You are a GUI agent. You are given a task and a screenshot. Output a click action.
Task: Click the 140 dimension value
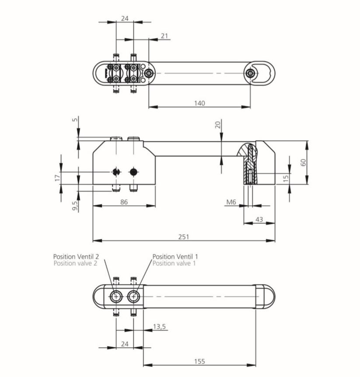(x=199, y=103)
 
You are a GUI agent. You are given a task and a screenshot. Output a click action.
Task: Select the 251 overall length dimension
(x=184, y=237)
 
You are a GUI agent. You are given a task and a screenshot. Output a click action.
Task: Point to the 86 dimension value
(x=124, y=202)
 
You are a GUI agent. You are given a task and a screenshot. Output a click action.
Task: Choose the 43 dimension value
(x=259, y=219)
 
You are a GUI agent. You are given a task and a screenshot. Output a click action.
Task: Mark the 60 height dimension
(x=304, y=162)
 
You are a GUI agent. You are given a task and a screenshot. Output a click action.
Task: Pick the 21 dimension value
(x=164, y=36)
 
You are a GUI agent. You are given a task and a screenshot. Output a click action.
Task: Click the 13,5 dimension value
(x=160, y=327)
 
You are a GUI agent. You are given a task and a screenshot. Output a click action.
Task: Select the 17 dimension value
(x=57, y=178)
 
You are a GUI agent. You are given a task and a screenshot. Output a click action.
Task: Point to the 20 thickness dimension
(x=218, y=125)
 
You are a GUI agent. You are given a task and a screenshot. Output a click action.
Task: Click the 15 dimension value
(x=286, y=178)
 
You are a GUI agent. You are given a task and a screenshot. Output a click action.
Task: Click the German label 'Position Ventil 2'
(x=76, y=256)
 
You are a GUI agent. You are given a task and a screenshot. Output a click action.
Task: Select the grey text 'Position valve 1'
(x=174, y=263)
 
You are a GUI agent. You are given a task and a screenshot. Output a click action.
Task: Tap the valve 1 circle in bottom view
(x=133, y=297)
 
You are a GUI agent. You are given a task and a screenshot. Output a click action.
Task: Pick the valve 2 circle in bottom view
(x=116, y=297)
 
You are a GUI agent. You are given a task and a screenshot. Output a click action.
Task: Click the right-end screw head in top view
(x=251, y=74)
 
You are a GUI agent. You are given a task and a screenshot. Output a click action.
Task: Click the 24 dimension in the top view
(x=125, y=18)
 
